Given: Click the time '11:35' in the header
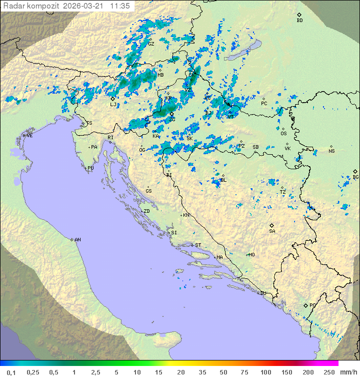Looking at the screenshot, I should tap(120, 6).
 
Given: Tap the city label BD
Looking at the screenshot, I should tap(299, 21).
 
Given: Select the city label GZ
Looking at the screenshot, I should tap(151, 44).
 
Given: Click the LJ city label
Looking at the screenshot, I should tap(113, 105).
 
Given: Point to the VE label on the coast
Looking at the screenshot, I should tap(29, 136).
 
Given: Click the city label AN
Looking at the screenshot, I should tap(77, 240).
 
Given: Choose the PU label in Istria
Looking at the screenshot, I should tap(90, 168).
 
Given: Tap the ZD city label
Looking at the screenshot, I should tap(146, 211).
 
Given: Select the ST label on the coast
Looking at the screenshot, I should tap(198, 245).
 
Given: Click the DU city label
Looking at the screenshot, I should tap(262, 293).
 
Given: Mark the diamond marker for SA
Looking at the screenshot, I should tap(272, 225).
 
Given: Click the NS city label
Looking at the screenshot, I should tap(331, 151).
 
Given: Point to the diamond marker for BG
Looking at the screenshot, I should tap(355, 171).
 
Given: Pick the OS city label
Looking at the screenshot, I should tap(283, 134).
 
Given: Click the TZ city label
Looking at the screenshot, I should tap(282, 192).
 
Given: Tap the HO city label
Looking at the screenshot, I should tap(251, 255).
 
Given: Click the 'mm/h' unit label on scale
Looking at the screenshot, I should tap(347, 372).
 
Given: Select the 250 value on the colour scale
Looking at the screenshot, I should tap(328, 372).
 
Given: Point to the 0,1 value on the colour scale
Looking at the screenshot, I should tap(11, 372).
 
